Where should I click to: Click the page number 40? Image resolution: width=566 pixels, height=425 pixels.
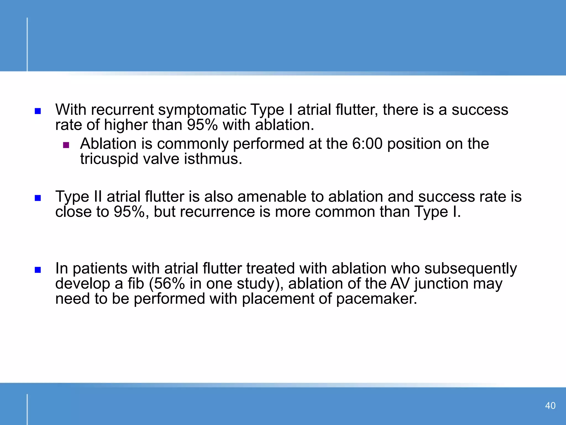tap(550, 406)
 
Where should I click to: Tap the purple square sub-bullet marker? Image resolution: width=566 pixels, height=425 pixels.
tap(66, 145)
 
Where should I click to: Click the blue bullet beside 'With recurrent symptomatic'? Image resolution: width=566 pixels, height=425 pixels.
tap(38, 111)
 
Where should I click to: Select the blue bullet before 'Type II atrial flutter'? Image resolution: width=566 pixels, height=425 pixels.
tap(38, 198)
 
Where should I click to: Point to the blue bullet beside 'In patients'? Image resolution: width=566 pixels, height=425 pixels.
tap(38, 270)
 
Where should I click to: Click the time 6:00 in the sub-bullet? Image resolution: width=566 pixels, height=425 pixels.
tap(367, 144)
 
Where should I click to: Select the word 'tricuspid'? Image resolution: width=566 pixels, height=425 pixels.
tap(109, 159)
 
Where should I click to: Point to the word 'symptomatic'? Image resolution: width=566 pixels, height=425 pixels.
tap(202, 110)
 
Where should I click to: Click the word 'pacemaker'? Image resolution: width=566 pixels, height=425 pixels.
tap(376, 299)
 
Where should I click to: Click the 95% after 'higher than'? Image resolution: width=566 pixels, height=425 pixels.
tap(202, 125)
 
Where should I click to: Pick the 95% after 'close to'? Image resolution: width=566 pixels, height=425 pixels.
tap(129, 212)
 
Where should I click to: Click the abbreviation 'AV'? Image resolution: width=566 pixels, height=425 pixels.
tap(400, 284)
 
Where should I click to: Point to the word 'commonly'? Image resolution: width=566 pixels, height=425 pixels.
tap(193, 144)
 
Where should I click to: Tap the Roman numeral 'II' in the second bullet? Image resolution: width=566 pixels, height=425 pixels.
tap(98, 197)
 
